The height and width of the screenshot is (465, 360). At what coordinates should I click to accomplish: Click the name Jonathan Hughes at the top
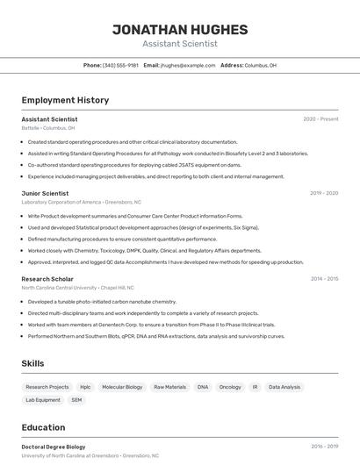coord(180,29)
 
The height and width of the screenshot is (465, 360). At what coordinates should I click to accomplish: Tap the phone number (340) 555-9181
coord(120,65)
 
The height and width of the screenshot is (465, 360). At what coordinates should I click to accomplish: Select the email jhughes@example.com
coord(187,65)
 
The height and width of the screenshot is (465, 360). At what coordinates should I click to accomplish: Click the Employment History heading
coord(65,100)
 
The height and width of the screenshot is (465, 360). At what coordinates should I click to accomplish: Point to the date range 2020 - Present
coord(320,119)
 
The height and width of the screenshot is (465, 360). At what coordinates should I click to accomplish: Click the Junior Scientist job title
coord(45,193)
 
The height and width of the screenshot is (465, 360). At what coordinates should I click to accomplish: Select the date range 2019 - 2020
coord(324,193)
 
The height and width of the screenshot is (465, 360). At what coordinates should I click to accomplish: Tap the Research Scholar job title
coord(47,279)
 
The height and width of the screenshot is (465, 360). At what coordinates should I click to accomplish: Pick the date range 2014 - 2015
coord(324,279)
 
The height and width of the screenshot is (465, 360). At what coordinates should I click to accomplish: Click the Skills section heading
coord(33,363)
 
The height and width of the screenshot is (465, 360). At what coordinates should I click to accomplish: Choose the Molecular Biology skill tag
coord(122,387)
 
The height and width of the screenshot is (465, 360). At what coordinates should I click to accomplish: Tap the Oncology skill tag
coord(230,387)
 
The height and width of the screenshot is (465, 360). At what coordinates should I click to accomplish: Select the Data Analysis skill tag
coord(284,387)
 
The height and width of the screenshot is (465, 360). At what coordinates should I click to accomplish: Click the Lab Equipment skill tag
coord(43,400)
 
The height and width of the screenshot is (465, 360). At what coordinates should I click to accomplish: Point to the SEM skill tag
coord(76,400)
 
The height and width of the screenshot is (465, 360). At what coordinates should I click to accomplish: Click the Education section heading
coord(43,427)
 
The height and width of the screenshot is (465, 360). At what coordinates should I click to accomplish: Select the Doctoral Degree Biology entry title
coord(54,447)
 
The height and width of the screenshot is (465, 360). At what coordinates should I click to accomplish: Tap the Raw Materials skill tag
coord(169,387)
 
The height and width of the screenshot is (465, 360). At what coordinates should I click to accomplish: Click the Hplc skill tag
coord(85,387)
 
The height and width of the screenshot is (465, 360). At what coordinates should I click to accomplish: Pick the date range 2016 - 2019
coord(324,447)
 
